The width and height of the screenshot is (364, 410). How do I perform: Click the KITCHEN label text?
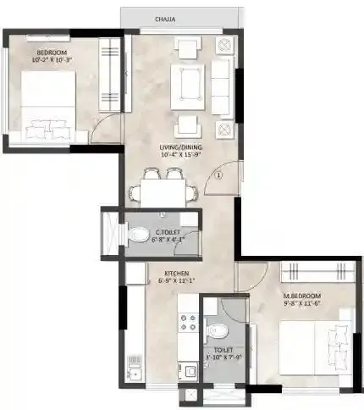tap(176, 274)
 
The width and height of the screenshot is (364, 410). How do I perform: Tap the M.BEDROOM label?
tap(300, 294)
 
